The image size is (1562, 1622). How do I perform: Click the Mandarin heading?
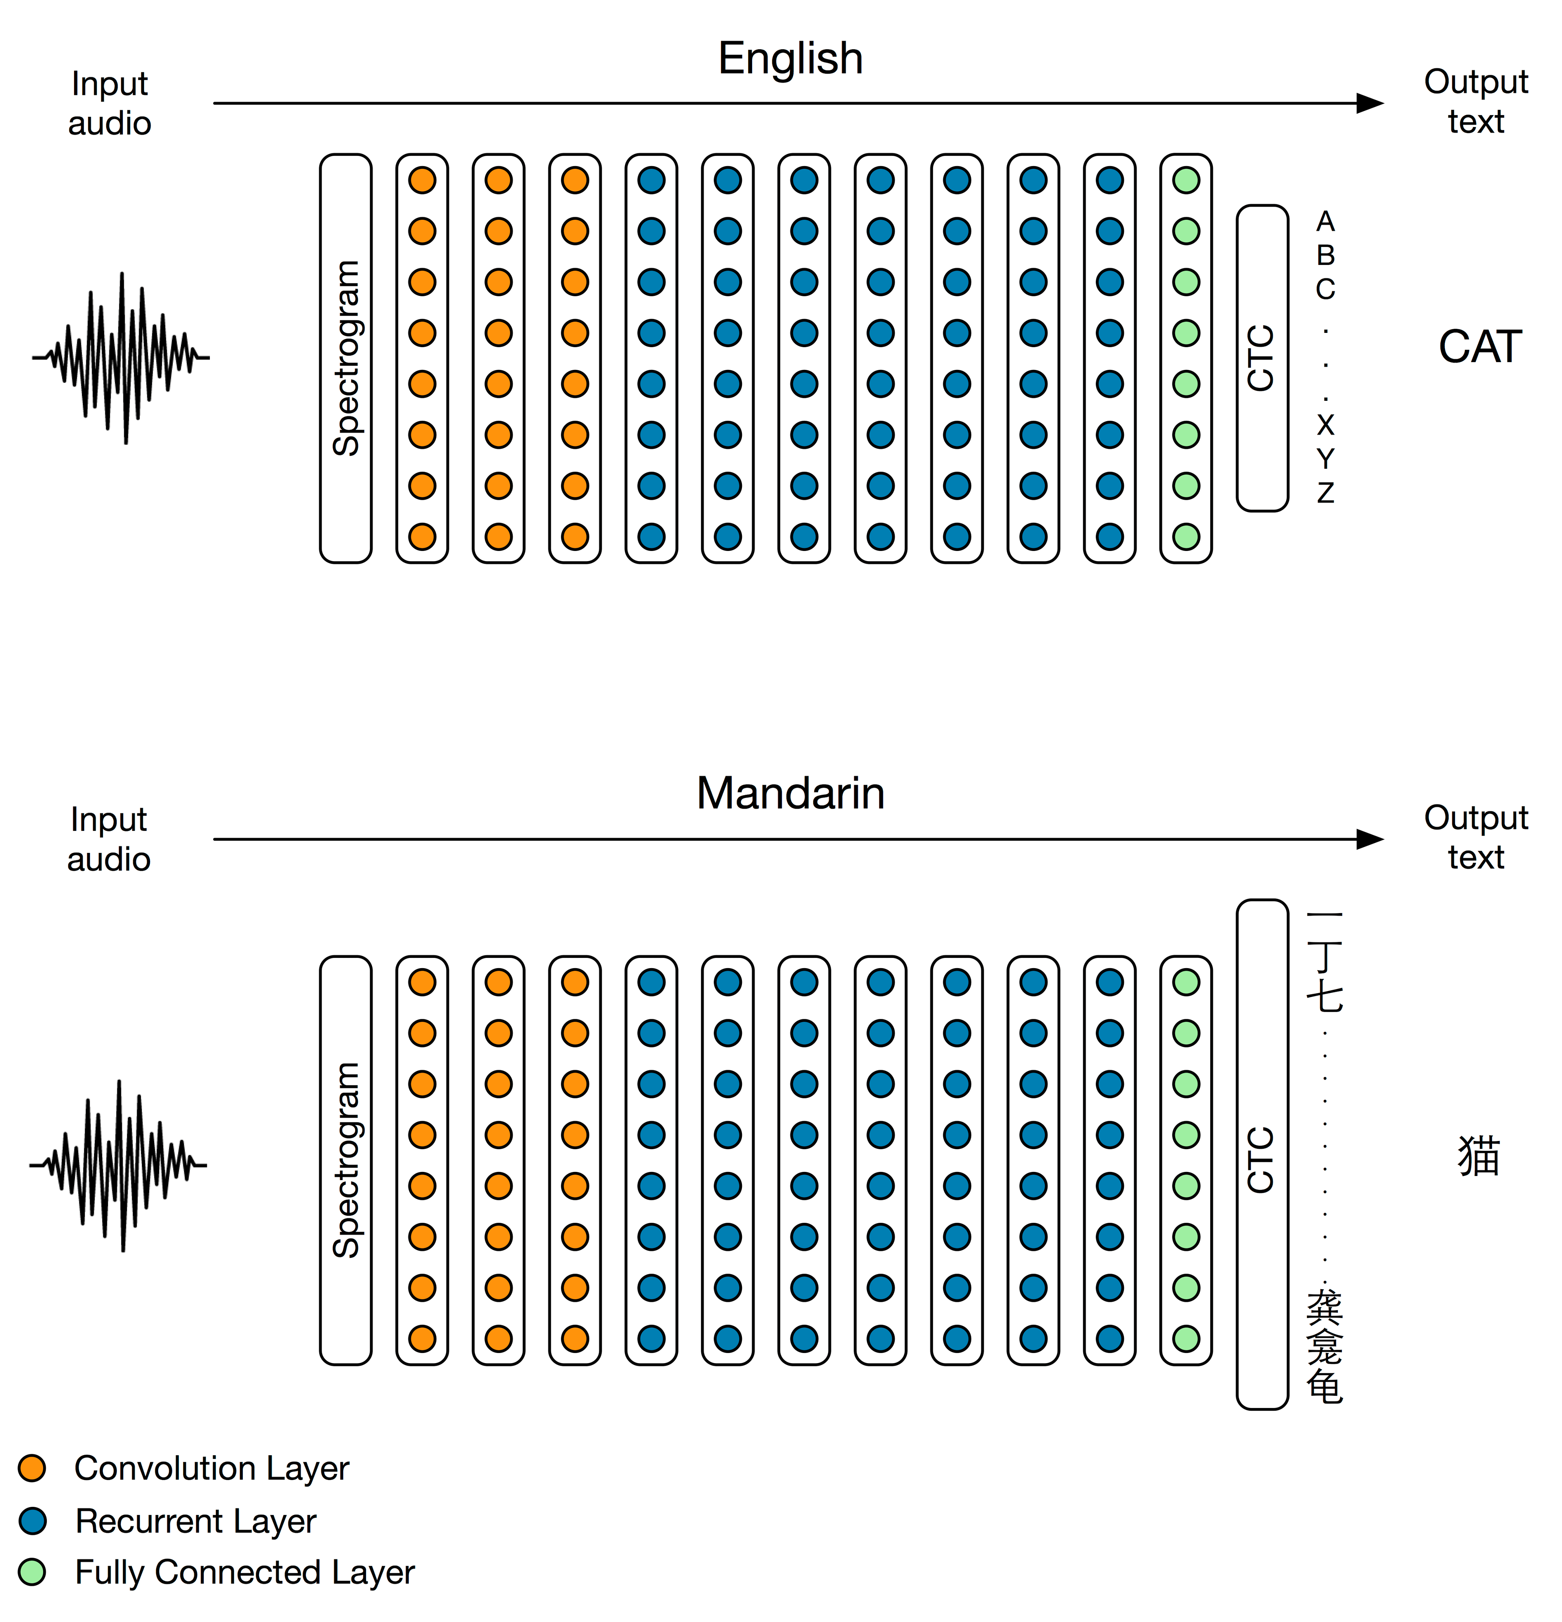[790, 793]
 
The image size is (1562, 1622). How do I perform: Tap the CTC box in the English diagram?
[1262, 358]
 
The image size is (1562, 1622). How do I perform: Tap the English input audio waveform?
[122, 358]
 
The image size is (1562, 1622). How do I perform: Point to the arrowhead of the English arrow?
[1370, 103]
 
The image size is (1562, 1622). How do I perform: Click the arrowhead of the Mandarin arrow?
[1370, 839]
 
